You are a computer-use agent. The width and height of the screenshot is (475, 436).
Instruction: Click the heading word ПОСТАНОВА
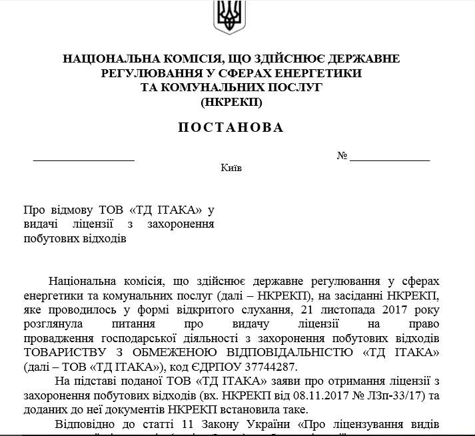point(231,127)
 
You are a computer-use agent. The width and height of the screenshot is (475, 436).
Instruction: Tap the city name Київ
point(231,168)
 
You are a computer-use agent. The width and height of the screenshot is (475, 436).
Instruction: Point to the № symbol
point(343,156)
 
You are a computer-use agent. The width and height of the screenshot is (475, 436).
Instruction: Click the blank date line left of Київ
point(84,160)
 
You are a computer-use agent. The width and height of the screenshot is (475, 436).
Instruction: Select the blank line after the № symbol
point(390,160)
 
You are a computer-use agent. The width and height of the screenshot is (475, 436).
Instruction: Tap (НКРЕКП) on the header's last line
point(231,102)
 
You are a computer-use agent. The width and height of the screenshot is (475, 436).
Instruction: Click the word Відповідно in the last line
point(81,425)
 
